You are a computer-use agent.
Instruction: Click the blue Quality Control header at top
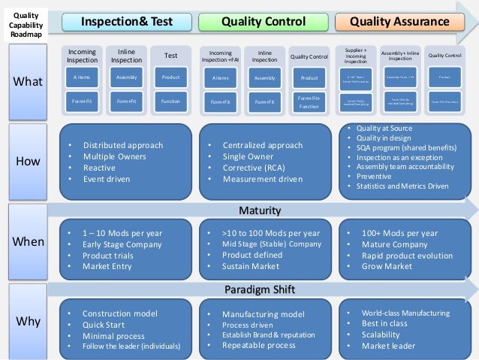click(x=263, y=23)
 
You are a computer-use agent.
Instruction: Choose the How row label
click(x=28, y=161)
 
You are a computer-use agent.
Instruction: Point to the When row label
click(x=28, y=241)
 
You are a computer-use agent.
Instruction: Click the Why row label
click(x=28, y=321)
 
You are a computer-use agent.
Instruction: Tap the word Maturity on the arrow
click(x=259, y=209)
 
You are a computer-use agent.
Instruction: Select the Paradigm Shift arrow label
click(x=259, y=290)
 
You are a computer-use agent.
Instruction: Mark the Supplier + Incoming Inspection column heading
click(x=355, y=55)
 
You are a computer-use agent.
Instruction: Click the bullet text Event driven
click(x=107, y=180)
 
